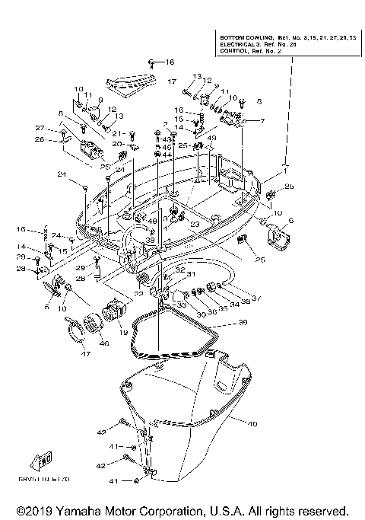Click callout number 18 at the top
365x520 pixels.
click(170, 62)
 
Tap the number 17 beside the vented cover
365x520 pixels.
click(172, 81)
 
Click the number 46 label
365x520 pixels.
click(103, 344)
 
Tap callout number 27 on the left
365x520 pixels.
click(40, 128)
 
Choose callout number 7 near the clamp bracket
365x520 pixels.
click(263, 121)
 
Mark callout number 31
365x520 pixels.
click(191, 275)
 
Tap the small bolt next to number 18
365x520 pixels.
click(153, 62)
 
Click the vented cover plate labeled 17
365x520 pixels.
click(134, 80)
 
